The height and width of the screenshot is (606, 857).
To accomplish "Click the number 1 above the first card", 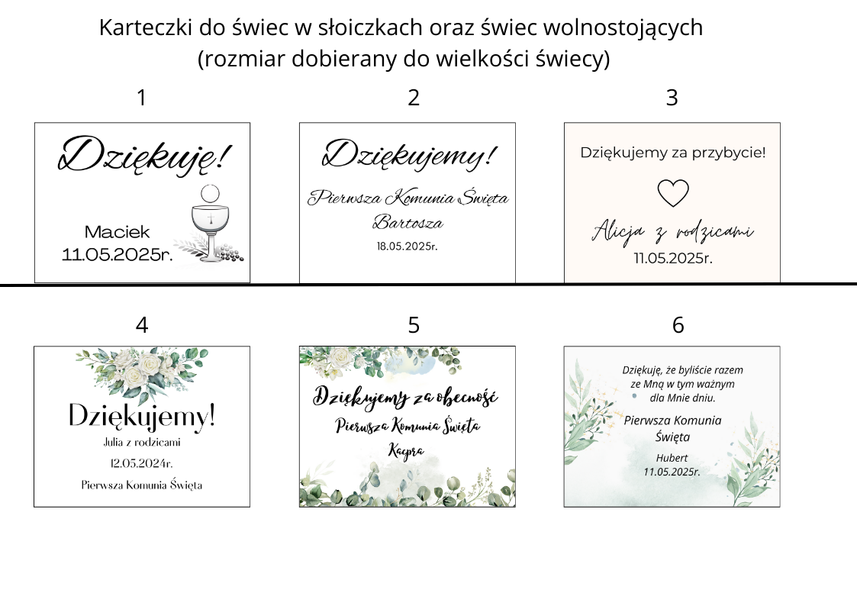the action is coord(141,98).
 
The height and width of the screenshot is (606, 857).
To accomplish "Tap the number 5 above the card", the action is coord(414,325).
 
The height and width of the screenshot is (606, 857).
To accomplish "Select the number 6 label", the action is coord(678,325).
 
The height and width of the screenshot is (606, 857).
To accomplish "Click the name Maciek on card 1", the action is coord(117,232).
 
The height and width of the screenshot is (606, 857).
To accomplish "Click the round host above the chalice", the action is coord(210,193).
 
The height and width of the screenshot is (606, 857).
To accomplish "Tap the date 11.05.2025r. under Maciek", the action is coord(117,255).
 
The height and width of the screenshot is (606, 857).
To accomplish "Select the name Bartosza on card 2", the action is coord(408,222).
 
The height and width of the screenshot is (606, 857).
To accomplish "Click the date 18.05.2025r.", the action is coord(408,247).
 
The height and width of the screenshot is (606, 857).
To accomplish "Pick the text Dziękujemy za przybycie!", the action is coord(673,153).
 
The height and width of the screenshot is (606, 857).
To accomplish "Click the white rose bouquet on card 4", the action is coord(142,372).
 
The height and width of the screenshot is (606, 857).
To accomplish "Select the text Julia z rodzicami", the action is coord(142,442).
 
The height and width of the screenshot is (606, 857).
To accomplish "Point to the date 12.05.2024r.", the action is coord(141,463).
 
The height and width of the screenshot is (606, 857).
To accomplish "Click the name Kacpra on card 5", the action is coord(406,451).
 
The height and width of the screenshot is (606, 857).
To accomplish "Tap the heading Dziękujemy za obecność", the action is coord(405,398).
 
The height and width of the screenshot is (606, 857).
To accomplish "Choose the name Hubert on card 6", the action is coord(672,458).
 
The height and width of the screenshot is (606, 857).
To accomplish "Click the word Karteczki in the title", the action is coord(146,27).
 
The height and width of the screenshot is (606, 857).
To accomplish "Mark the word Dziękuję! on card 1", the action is coord(145,155).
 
